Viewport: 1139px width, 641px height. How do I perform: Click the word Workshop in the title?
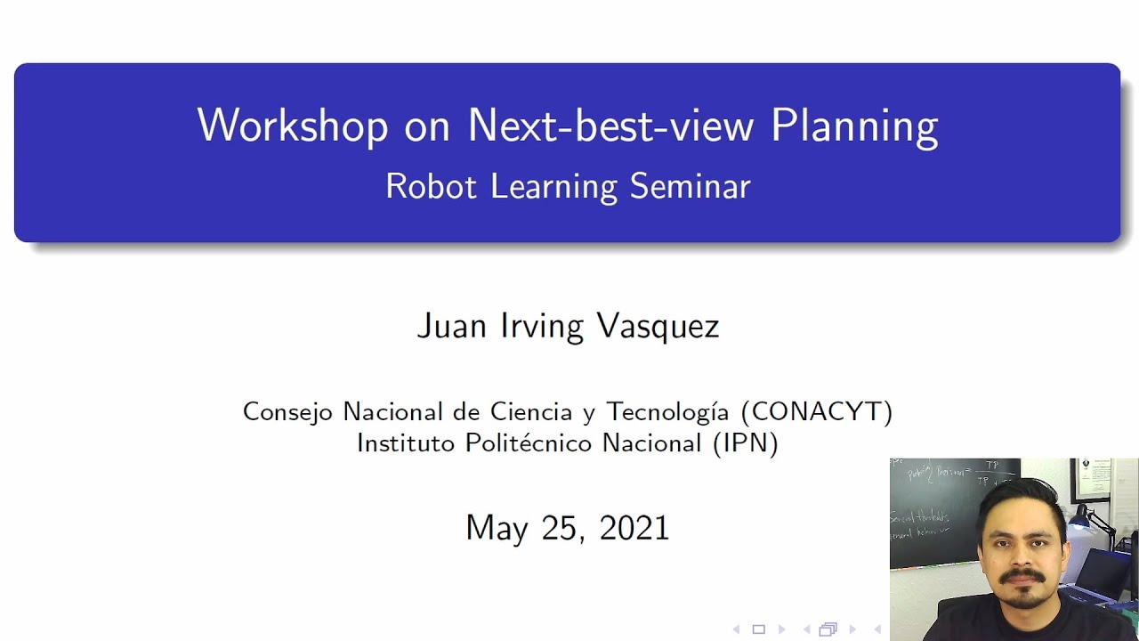tap(292, 126)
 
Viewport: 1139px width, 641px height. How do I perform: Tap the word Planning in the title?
tap(854, 127)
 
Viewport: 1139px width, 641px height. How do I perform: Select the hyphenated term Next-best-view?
tap(612, 126)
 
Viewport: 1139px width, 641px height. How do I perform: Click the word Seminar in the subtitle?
tap(691, 186)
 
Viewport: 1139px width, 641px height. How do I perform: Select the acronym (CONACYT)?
tap(816, 411)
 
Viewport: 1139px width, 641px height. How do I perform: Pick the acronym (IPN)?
tap(746, 442)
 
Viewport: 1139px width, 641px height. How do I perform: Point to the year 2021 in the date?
tap(634, 527)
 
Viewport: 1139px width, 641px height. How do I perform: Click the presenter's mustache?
tap(1020, 579)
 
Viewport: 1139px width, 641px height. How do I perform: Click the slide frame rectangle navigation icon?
tap(758, 629)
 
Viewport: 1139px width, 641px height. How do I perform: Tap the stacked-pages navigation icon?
tap(828, 629)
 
